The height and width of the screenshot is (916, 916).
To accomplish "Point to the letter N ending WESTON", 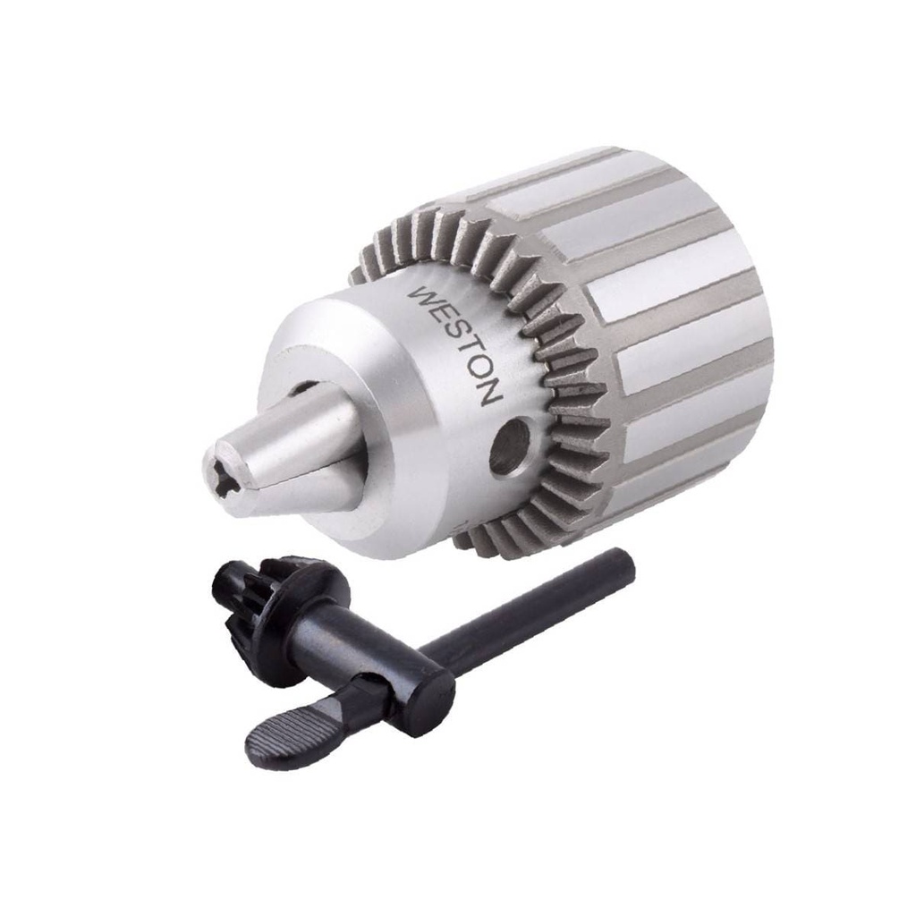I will (x=490, y=393).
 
